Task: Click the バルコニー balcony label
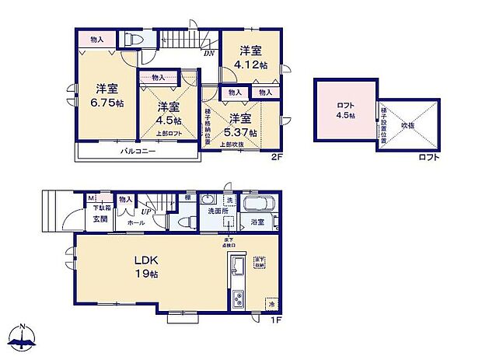pos(137,150)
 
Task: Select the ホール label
pos(135,222)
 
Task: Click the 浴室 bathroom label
pos(257,222)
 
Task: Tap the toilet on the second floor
pos(132,39)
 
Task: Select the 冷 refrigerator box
pos(271,303)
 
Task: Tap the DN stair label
pos(209,54)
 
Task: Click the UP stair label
pos(145,210)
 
